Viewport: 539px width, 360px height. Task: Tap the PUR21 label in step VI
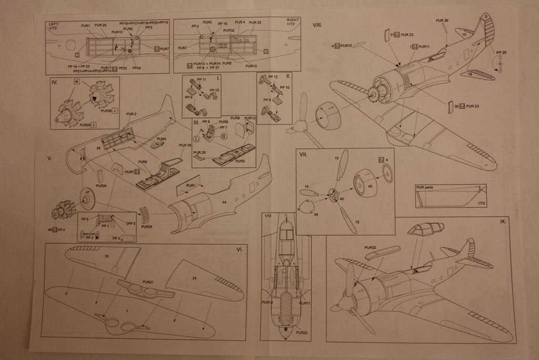click(148, 282)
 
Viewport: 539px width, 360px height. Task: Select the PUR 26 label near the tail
click(442, 21)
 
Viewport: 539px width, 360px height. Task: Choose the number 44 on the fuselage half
click(224, 202)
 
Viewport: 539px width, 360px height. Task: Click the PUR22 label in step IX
click(370, 247)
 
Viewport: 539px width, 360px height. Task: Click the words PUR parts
click(426, 186)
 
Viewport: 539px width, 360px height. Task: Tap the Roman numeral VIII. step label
click(318, 25)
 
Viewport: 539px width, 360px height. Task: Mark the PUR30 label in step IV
click(105, 111)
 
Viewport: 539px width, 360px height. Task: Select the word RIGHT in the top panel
click(293, 20)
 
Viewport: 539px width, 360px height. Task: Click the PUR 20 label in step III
click(200, 152)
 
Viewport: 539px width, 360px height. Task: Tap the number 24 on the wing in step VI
click(194, 277)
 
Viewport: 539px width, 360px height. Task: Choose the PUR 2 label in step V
click(131, 114)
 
